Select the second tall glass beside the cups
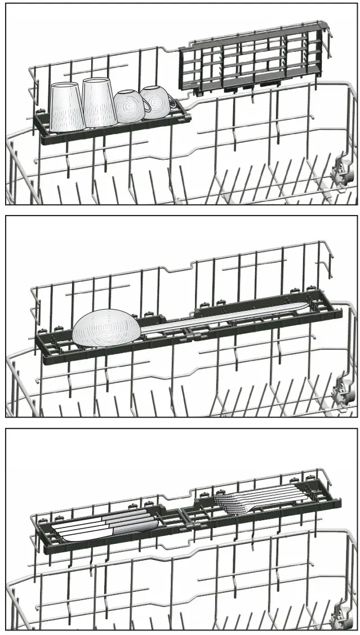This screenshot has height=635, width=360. pos(100,102)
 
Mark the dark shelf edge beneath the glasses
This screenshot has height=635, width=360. pos(113,133)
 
